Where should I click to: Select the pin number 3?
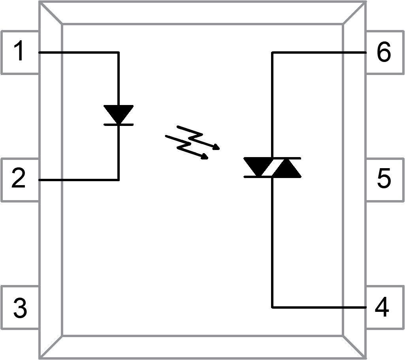point(20,308)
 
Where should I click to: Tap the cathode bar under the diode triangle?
point(119,124)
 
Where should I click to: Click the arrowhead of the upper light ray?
point(217,148)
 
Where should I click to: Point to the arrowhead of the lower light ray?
point(205,157)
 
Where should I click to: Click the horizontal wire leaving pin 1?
point(79,52)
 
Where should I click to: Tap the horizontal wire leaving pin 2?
point(79,180)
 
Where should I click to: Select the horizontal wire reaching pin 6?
point(320,52)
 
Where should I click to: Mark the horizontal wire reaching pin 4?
point(320,307)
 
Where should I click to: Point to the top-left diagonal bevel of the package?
point(51,13)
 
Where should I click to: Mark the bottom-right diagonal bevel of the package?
point(354,347)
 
